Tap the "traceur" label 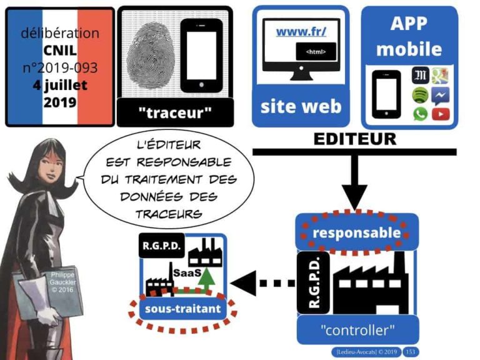pos(176,113)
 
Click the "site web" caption pos(301,106)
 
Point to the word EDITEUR pos(354,139)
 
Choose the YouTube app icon pos(441,114)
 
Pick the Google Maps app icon pos(441,76)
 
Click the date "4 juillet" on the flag pos(61,85)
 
